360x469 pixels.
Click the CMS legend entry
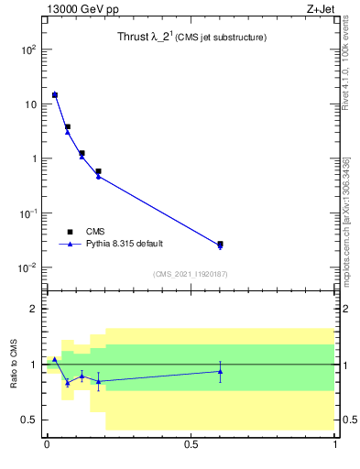click(x=95, y=232)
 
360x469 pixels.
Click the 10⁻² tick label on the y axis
click(x=27, y=267)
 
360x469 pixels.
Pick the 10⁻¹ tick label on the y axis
click(x=27, y=213)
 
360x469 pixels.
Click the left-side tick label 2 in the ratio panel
click(x=33, y=310)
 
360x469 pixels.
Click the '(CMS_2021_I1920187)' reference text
click(x=191, y=273)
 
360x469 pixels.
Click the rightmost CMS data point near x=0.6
click(x=220, y=244)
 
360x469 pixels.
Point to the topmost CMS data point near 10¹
click(x=55, y=94)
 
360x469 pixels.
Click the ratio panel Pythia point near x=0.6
click(x=220, y=371)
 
